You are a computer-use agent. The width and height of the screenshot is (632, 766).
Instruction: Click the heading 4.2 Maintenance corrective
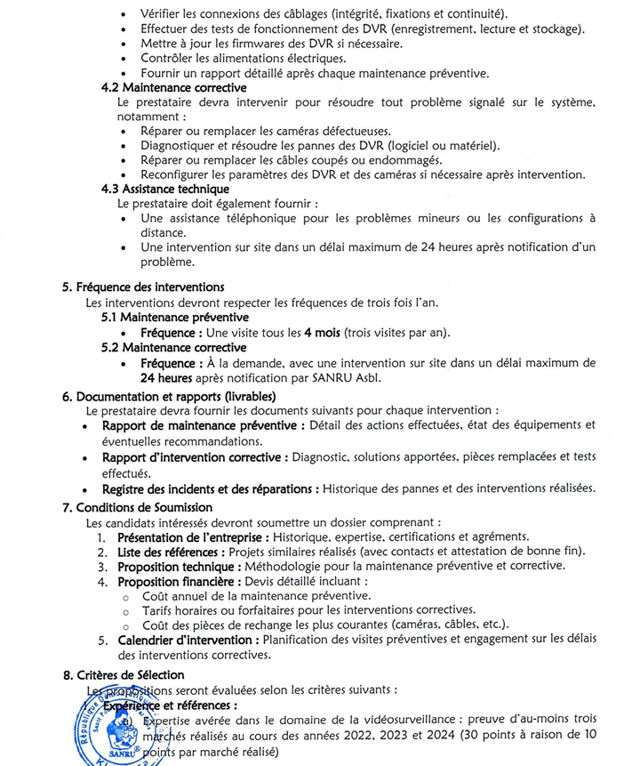[173, 88]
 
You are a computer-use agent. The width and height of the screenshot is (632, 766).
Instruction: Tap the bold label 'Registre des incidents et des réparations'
[210, 488]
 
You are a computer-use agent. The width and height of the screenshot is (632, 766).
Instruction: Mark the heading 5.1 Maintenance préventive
[174, 317]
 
